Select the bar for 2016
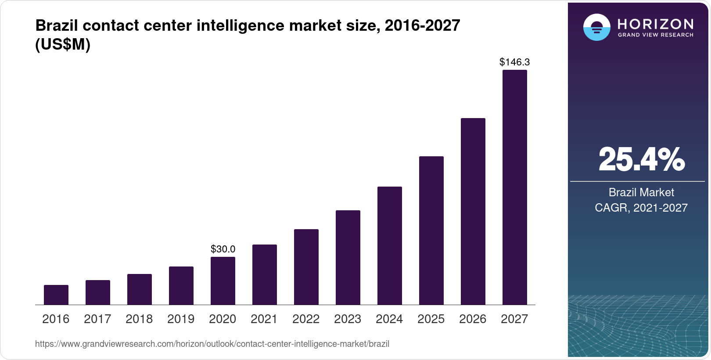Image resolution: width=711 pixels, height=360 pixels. pos(56,295)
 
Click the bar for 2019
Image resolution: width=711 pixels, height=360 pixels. pos(181,285)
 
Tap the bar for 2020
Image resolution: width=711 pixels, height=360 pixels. pos(223,281)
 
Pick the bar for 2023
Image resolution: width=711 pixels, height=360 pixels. pos(348,257)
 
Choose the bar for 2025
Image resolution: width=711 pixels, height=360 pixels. pos(431,230)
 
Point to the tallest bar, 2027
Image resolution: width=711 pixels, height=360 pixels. pos(515,187)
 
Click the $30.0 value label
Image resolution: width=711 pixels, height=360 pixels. pos(223,249)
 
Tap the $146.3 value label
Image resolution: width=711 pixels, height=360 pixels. pos(514,62)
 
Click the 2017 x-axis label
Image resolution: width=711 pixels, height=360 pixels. pos(97,319)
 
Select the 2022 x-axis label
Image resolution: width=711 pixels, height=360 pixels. pos(306,319)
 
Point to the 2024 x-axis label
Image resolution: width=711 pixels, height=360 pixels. pos(389,319)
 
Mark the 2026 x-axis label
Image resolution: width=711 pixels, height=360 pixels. pos(473,319)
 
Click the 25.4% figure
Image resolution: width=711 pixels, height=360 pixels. pos(641,160)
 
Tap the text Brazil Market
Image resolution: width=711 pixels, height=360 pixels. pos(641,192)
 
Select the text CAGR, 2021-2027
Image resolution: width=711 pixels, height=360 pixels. pos(641,208)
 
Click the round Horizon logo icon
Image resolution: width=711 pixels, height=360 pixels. pos(596,27)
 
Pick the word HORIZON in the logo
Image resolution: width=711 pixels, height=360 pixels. pos(655,24)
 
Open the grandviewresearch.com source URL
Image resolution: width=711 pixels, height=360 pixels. pos(212,344)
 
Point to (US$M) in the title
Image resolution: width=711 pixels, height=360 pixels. pos(63,44)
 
